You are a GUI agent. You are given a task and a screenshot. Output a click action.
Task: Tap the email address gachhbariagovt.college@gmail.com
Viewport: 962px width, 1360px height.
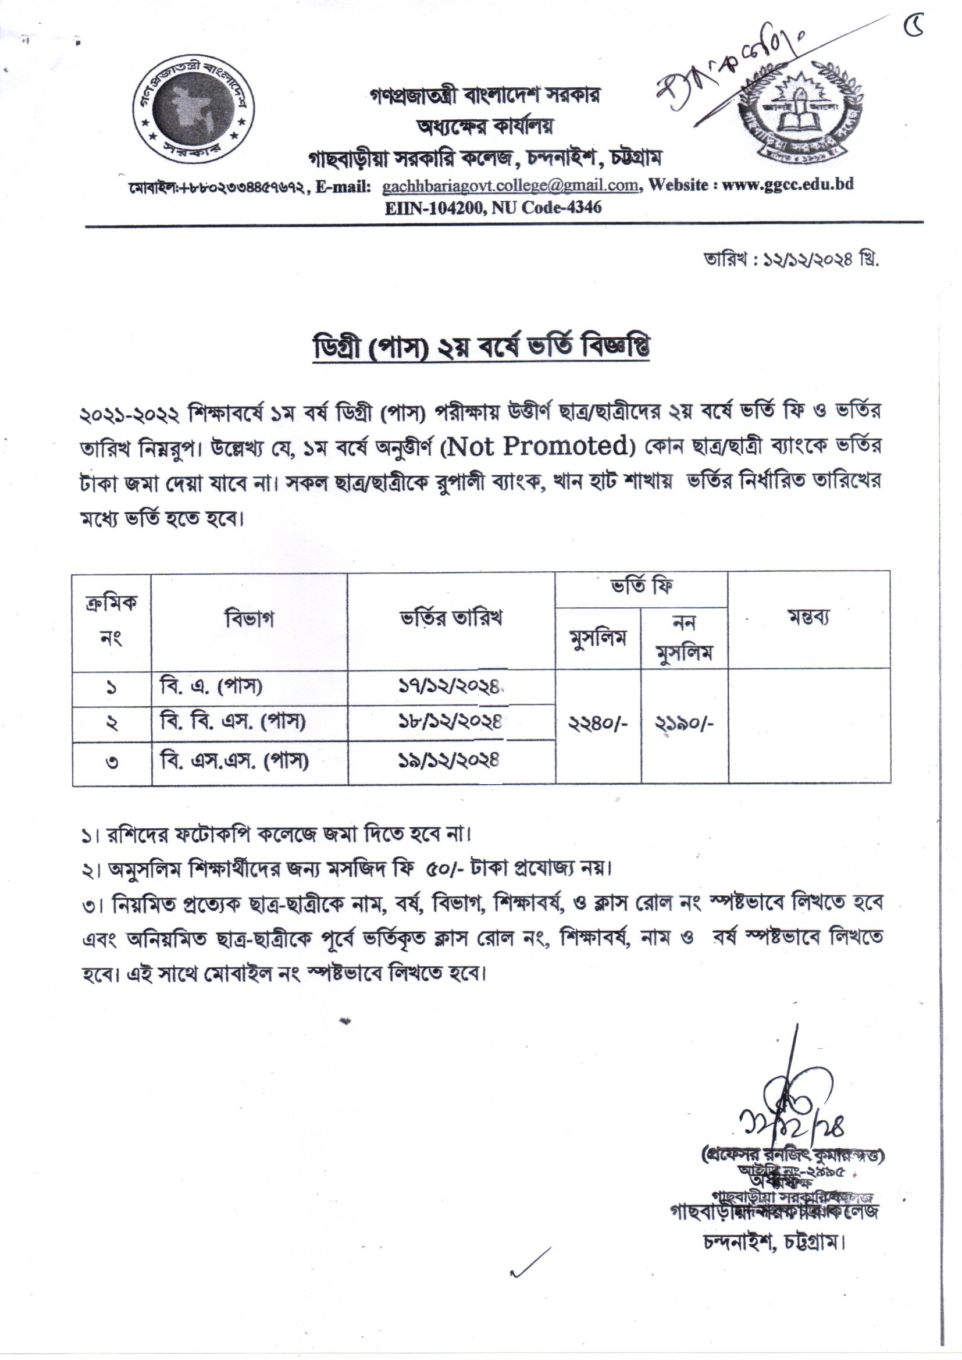coord(510,186)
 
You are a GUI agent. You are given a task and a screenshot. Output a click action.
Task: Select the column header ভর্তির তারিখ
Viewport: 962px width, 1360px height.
coord(451,618)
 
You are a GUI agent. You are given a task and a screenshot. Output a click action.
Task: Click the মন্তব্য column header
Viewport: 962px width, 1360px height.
coord(808,618)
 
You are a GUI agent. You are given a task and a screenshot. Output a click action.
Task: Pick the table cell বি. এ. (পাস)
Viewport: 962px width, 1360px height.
coord(212,687)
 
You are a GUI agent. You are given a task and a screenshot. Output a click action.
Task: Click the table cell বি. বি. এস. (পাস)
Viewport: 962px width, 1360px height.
coord(233,722)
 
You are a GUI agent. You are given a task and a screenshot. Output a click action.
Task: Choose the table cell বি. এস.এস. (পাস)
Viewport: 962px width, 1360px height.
coord(234,762)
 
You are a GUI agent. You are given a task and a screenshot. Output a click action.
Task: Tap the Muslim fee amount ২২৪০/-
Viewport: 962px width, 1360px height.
coord(598,724)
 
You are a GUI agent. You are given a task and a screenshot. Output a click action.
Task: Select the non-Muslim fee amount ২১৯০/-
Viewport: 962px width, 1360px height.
coord(684,724)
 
